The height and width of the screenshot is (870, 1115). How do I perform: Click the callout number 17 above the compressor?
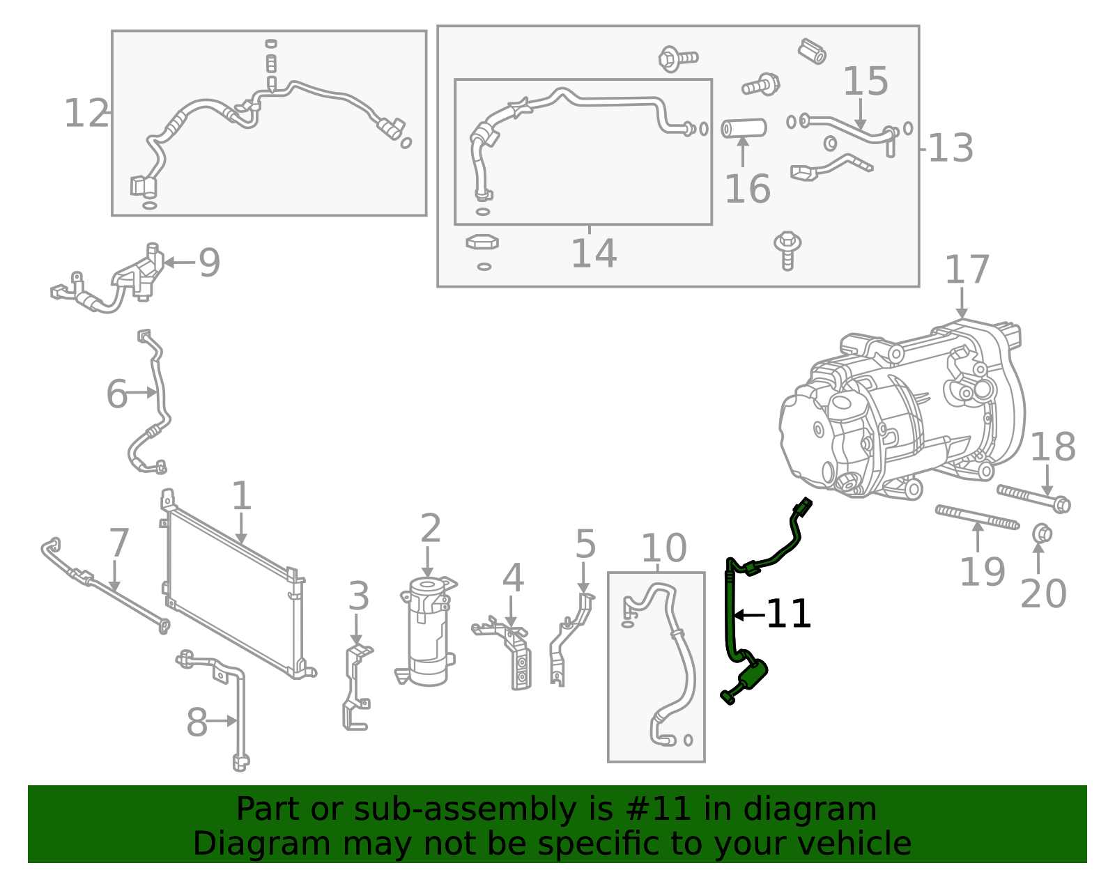tap(967, 270)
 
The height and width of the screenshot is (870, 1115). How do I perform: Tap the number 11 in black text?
tap(788, 614)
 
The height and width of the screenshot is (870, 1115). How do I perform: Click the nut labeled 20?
tap(1041, 534)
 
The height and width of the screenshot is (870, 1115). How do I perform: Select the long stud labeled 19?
tap(976, 516)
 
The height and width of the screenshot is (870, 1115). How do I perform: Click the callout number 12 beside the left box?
tap(86, 114)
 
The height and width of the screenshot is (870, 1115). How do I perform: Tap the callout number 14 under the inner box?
tap(593, 254)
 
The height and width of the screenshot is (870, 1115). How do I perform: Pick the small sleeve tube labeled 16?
tap(744, 128)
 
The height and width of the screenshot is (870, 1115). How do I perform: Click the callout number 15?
tap(865, 82)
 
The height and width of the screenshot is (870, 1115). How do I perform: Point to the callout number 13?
tap(951, 148)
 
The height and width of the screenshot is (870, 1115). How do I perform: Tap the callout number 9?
tap(209, 263)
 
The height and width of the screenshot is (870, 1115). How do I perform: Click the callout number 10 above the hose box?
tap(663, 548)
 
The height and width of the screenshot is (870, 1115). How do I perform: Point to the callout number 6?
tap(116, 394)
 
